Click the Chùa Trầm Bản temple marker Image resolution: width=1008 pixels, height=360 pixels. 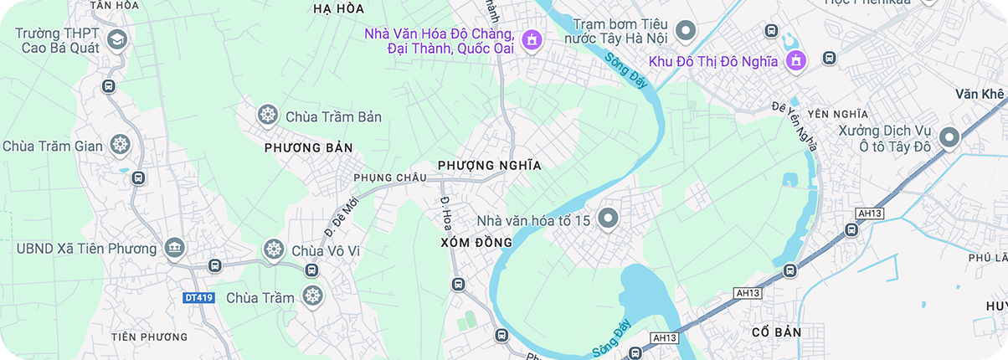[268, 115]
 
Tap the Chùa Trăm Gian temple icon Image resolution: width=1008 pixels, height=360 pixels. [121, 145]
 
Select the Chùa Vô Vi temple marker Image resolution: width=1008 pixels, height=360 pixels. [274, 249]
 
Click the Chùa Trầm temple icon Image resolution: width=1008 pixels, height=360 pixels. [312, 296]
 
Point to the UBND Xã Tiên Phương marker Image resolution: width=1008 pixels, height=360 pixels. [174, 248]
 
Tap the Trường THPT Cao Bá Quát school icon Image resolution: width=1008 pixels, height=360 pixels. [116, 39]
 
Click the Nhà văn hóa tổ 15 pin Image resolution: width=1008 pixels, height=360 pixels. [608, 219]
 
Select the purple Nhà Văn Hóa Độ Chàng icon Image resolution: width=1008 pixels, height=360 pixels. [531, 39]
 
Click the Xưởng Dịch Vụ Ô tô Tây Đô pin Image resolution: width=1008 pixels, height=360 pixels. [949, 136]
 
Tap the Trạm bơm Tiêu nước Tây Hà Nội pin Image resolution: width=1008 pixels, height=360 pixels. [686, 30]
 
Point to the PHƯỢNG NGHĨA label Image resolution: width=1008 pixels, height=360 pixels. [490, 166]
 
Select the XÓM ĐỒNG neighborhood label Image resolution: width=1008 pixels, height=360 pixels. [476, 243]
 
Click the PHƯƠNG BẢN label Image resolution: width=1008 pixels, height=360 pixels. [308, 148]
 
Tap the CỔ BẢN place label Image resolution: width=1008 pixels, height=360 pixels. [776, 332]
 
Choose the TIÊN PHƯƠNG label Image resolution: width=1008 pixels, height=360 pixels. [150, 337]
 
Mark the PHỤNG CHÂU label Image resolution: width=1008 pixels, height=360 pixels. [390, 177]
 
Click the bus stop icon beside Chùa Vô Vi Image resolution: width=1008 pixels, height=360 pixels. [311, 270]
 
